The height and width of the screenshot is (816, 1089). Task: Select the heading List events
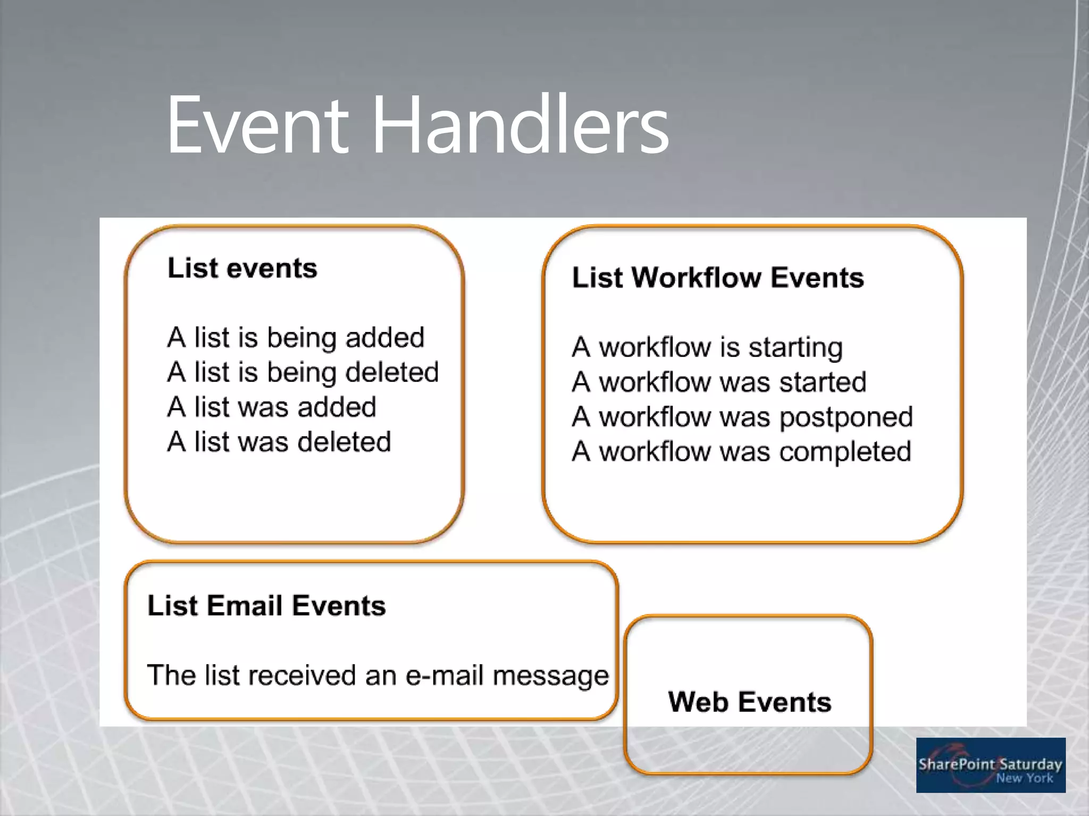point(242,268)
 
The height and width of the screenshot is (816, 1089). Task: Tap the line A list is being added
point(296,338)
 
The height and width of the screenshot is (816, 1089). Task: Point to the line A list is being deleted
point(303,372)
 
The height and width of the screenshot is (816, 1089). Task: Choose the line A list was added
point(272,407)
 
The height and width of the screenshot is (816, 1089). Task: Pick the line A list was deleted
point(279,442)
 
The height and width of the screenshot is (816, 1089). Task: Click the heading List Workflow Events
point(718,278)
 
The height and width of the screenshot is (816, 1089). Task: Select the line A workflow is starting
point(707,347)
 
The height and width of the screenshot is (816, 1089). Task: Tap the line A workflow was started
point(719,382)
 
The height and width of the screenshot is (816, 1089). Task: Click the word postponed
point(846,418)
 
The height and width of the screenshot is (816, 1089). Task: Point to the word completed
point(845,452)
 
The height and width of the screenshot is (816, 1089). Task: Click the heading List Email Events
point(266,606)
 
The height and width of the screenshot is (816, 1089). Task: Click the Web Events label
point(749,702)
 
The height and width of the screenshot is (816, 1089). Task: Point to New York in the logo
point(1024,778)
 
